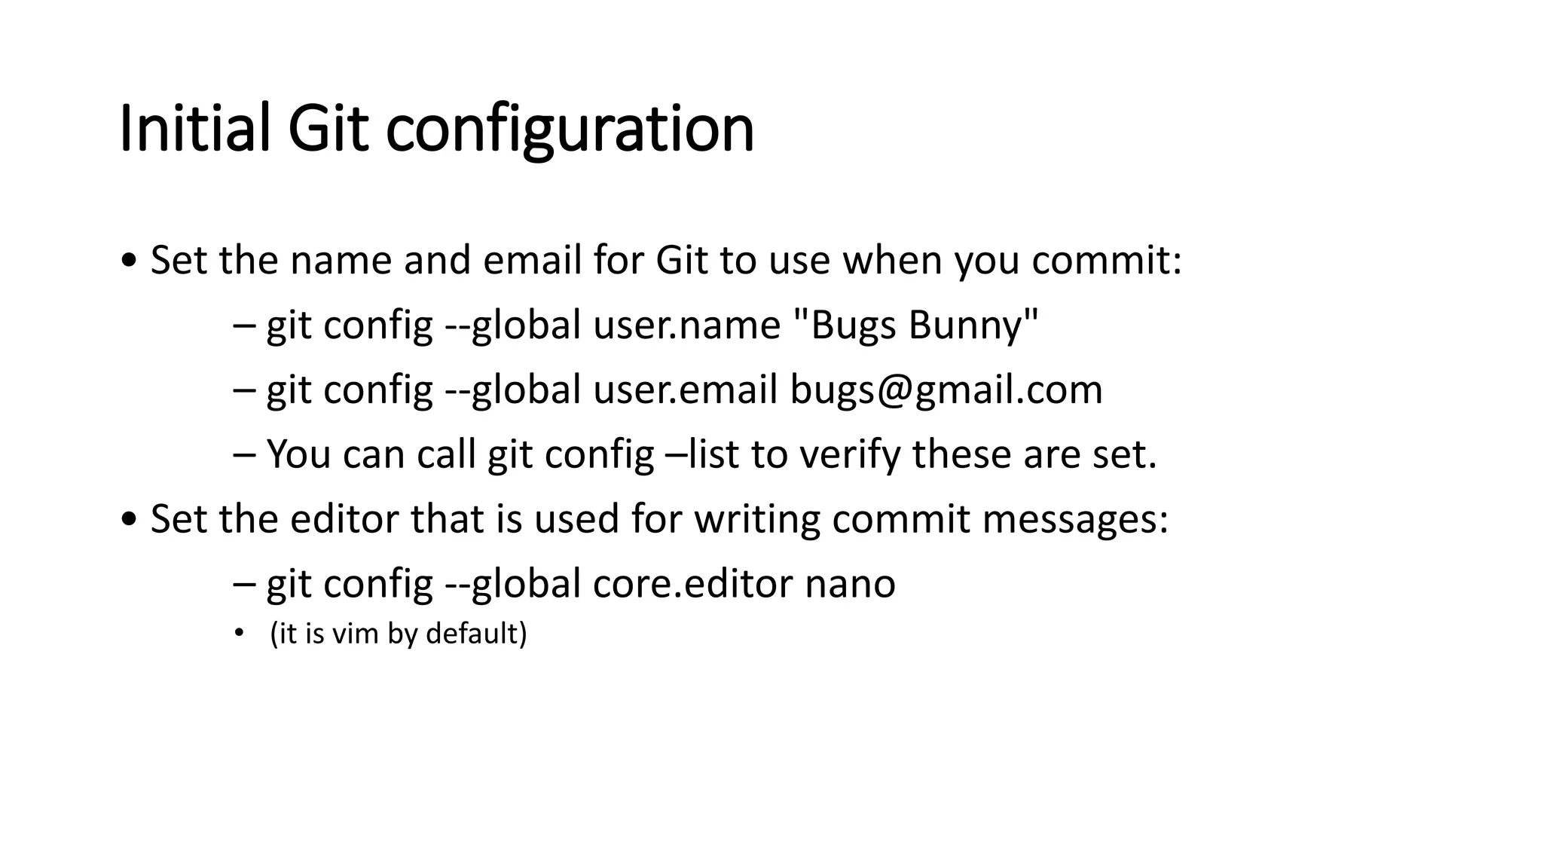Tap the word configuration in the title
click(570, 130)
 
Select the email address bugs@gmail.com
click(946, 390)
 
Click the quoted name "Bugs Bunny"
click(916, 325)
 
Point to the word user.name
click(686, 325)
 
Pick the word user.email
click(685, 390)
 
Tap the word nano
click(850, 584)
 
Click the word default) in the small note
click(476, 634)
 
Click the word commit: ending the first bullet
click(1106, 261)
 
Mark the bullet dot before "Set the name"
click(129, 261)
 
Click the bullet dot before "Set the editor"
click(129, 520)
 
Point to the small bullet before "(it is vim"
click(239, 634)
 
